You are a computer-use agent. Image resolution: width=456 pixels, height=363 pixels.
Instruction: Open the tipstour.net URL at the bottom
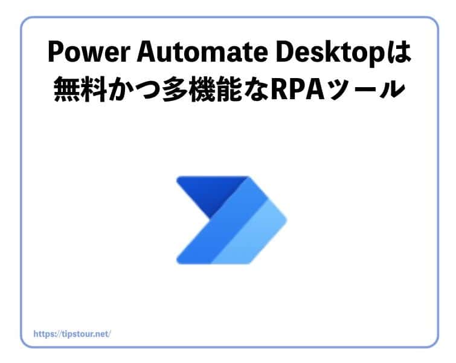pyautogui.click(x=72, y=333)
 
